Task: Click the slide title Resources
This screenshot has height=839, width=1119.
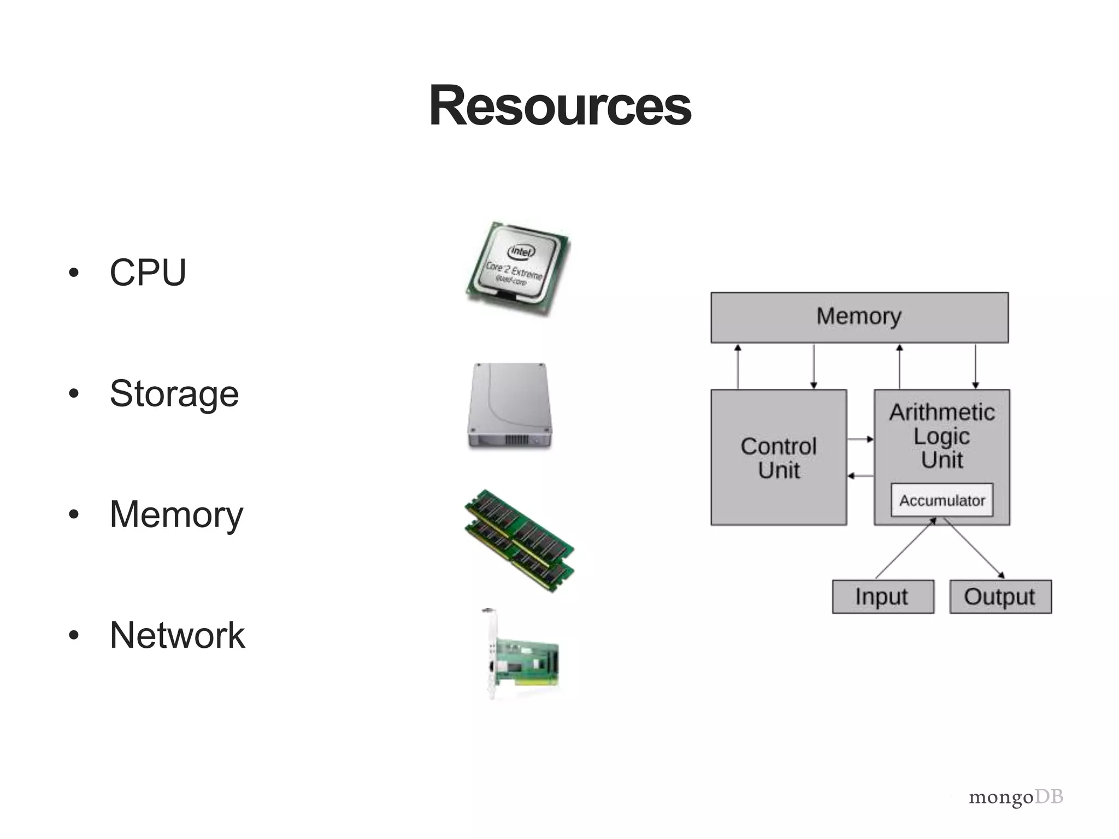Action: (x=559, y=105)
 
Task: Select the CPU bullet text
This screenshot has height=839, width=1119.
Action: (x=148, y=272)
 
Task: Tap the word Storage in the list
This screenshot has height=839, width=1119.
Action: (x=174, y=393)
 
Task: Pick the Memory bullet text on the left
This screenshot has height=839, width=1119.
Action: (x=176, y=514)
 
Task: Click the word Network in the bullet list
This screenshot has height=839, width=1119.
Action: (x=177, y=635)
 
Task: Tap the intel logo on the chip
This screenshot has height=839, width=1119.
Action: (x=522, y=251)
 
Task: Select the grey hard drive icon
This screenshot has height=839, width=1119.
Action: (x=510, y=405)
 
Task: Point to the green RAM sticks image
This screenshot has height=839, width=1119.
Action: (x=520, y=540)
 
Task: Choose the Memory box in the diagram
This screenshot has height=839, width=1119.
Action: (x=859, y=317)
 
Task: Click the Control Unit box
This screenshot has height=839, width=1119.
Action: (x=779, y=458)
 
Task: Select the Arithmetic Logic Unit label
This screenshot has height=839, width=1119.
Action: (x=942, y=436)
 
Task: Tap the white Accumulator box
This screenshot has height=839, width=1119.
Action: (x=942, y=500)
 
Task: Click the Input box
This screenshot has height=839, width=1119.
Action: (x=882, y=596)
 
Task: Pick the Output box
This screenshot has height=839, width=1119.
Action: (x=1000, y=596)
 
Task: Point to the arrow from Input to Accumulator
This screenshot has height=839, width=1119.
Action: (x=905, y=548)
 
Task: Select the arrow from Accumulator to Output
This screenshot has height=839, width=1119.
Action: (x=975, y=548)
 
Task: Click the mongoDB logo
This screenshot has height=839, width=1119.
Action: (x=1016, y=797)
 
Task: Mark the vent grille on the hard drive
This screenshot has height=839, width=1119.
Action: (x=516, y=439)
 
